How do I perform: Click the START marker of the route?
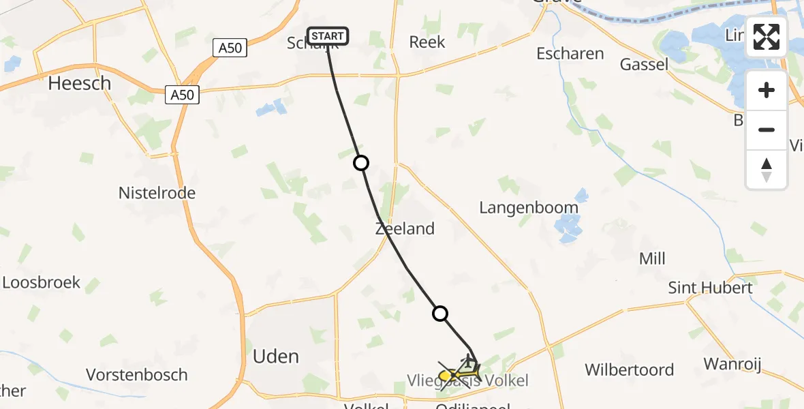click(328, 35)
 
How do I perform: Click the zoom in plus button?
click(767, 91)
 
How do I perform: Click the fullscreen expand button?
click(767, 37)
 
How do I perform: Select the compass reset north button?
click(767, 169)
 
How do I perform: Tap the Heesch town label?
click(79, 83)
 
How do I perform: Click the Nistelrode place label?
click(157, 193)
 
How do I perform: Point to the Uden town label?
click(276, 356)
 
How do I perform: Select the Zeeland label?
click(405, 228)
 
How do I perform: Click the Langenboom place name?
click(529, 207)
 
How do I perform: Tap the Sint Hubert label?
click(710, 288)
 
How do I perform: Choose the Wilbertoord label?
click(630, 370)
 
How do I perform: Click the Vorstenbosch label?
click(137, 374)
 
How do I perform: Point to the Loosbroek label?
click(41, 282)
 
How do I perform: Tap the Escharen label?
click(570, 53)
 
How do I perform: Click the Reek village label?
click(427, 42)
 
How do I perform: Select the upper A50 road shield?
click(229, 48)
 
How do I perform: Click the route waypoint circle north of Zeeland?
click(361, 163)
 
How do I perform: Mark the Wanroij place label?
click(732, 363)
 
